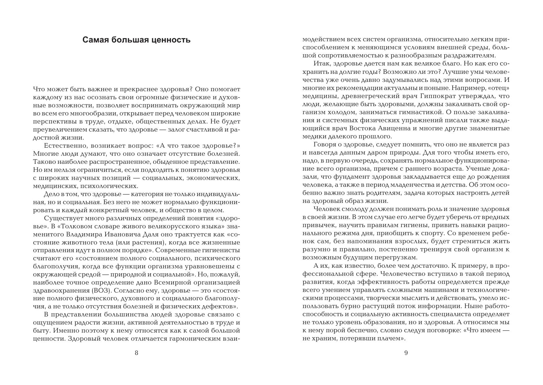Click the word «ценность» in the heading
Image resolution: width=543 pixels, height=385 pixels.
172,40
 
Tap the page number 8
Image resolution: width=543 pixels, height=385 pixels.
136,353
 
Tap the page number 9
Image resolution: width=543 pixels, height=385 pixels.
406,353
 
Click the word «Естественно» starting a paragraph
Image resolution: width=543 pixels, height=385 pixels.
63,145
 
